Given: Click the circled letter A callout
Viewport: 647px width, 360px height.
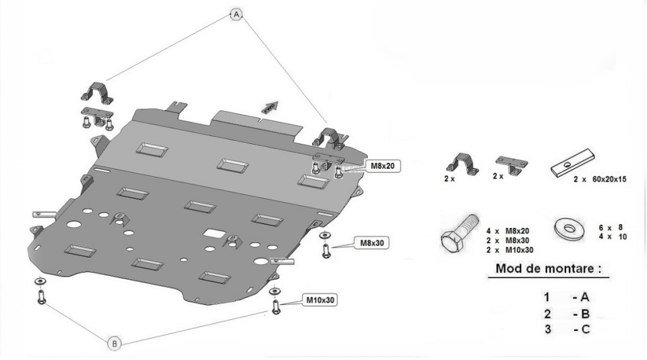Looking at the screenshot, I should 236,13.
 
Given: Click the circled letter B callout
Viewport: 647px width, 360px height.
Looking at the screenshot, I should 114,344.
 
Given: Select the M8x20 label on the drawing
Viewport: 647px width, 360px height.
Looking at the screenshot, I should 382,165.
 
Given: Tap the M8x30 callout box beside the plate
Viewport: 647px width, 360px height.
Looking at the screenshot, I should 372,242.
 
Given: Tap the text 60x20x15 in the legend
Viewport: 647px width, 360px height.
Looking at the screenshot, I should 608,179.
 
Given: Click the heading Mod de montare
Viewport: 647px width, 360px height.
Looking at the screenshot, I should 548,268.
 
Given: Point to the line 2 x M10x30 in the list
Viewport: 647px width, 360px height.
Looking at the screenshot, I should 509,249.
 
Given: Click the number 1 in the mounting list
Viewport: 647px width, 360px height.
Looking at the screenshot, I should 547,296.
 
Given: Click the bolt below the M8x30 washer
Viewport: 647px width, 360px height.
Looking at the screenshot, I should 325,251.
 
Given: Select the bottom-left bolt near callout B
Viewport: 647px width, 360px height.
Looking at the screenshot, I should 42,296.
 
